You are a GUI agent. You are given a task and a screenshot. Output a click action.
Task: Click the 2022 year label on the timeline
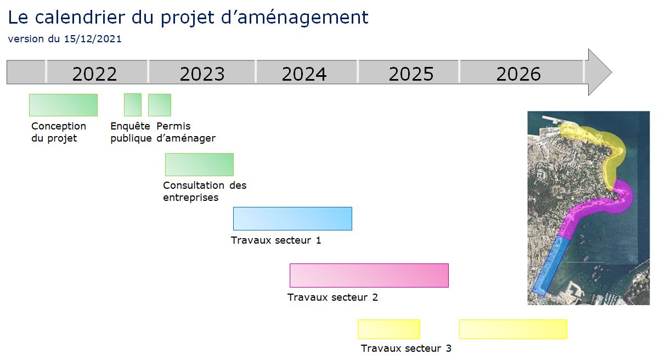click(94, 74)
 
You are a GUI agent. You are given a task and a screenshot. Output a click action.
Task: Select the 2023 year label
click(202, 74)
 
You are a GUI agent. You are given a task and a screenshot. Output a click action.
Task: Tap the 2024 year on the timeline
click(304, 74)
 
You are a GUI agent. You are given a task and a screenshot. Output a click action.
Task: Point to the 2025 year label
click(411, 74)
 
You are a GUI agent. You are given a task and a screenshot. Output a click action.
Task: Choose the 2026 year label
click(518, 74)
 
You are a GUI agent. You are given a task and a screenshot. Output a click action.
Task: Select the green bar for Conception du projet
click(63, 105)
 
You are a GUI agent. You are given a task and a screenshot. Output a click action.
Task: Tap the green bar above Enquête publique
click(133, 105)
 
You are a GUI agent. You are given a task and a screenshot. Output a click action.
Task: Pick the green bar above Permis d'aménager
click(160, 105)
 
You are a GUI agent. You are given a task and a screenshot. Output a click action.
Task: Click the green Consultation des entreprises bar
click(200, 165)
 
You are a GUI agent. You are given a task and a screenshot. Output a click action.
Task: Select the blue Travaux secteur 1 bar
click(292, 218)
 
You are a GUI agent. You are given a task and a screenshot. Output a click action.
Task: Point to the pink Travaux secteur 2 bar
click(369, 275)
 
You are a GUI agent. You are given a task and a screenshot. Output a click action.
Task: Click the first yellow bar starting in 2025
click(389, 329)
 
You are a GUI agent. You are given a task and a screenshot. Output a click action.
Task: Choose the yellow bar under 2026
click(513, 329)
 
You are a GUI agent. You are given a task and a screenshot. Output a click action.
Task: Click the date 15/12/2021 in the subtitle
click(93, 39)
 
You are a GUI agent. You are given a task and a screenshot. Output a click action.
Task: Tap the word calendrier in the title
click(80, 17)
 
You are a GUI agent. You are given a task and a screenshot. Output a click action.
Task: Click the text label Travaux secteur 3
click(406, 348)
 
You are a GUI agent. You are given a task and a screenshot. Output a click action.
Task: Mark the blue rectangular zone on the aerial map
click(550, 266)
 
